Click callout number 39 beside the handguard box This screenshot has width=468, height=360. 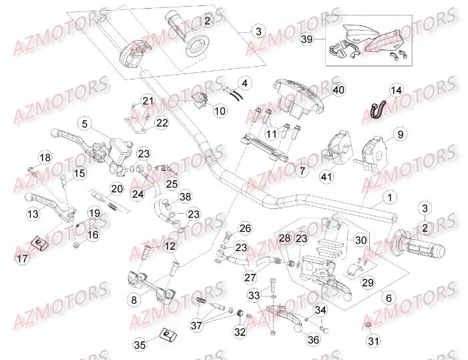click(306, 40)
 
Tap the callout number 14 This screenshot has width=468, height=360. click(397, 90)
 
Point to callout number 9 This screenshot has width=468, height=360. click(401, 134)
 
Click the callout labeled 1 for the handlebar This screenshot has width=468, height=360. click(389, 198)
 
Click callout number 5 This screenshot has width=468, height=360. click(85, 124)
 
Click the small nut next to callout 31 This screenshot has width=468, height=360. click(367, 325)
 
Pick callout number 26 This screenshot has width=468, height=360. click(245, 229)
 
